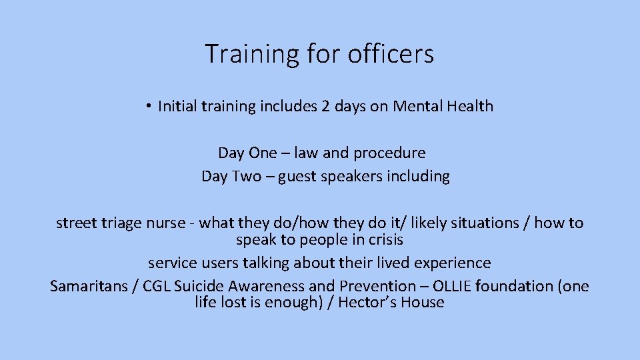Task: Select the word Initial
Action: (175, 106)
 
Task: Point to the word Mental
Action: (415, 106)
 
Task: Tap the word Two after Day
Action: (246, 176)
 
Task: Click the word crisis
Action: (383, 239)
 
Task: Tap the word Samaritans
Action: (88, 287)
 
